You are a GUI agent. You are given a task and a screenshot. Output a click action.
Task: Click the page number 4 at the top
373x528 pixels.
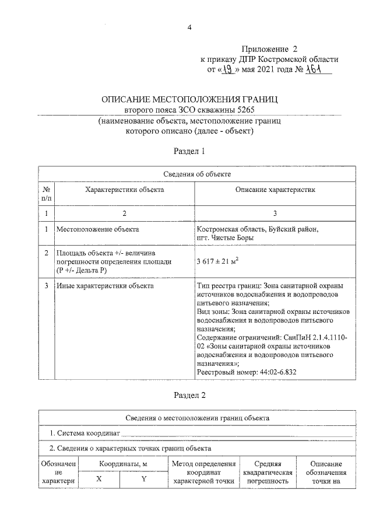pyautogui.click(x=189, y=27)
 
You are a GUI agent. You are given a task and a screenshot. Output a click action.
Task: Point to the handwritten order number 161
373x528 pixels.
pyautogui.click(x=315, y=71)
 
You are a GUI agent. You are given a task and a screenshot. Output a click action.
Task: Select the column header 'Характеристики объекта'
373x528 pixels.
pyautogui.click(x=124, y=190)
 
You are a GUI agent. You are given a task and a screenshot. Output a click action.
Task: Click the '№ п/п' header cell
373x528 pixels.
pyautogui.click(x=46, y=194)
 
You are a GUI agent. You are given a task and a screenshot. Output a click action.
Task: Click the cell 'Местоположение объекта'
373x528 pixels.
pyautogui.click(x=97, y=229)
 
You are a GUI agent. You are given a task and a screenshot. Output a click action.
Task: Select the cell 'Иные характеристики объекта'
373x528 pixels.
pyautogui.click(x=104, y=286)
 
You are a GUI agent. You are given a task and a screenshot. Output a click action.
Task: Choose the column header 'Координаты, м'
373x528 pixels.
pyautogui.click(x=122, y=463)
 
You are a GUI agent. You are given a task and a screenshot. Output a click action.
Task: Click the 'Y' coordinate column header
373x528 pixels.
pyautogui.click(x=143, y=478)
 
